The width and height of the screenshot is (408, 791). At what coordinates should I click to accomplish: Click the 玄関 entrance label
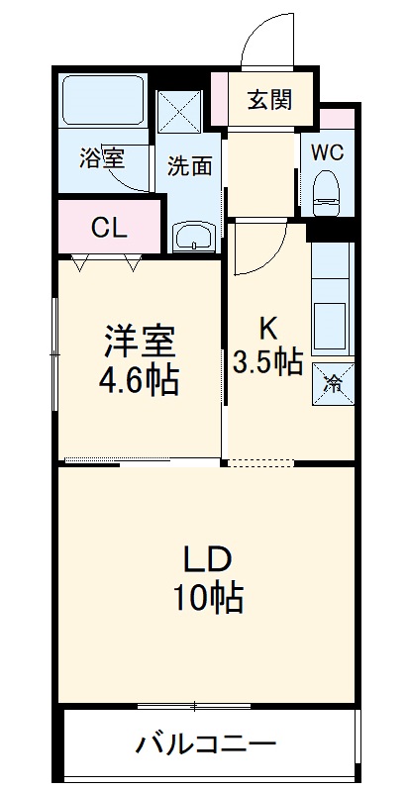[269, 99]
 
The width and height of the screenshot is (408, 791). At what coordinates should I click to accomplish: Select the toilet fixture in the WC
[326, 189]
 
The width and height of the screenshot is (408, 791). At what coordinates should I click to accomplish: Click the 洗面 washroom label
[188, 165]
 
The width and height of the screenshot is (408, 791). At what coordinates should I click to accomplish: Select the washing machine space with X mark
[180, 112]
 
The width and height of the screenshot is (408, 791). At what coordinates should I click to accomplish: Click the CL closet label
[109, 227]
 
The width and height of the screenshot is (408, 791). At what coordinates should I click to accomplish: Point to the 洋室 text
[140, 342]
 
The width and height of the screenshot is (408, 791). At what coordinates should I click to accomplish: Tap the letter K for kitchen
[267, 327]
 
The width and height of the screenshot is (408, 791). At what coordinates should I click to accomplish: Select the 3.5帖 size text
[267, 361]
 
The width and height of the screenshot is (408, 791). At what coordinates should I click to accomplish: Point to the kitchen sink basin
[329, 323]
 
